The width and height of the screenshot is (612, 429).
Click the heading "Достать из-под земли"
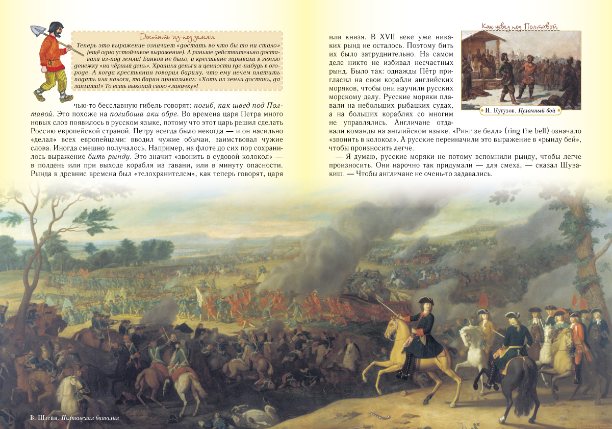click(x=176, y=36)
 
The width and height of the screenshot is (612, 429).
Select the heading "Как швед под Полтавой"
click(x=520, y=26)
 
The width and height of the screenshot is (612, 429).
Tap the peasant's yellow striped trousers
click(x=52, y=82)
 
